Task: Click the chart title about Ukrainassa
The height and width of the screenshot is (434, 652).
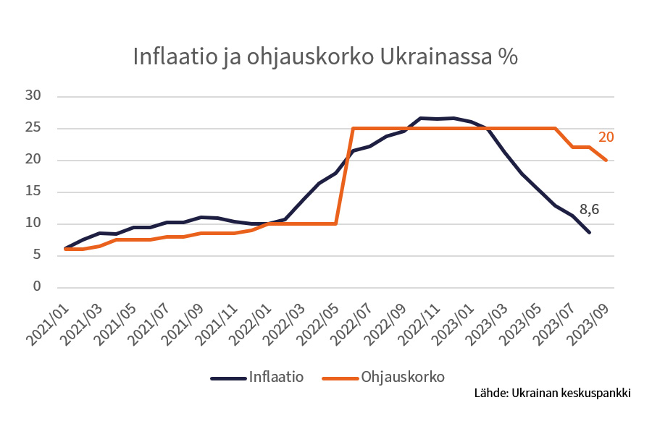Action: click(x=325, y=57)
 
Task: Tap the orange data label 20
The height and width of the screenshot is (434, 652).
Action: click(x=606, y=137)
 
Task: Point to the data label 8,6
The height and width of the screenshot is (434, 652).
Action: click(x=590, y=210)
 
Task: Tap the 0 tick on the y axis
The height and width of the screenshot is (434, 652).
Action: click(x=35, y=287)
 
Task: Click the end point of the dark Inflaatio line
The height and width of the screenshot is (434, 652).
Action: click(x=589, y=232)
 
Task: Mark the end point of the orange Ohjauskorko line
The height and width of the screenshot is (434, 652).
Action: click(x=606, y=160)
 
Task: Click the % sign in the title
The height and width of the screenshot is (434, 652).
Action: click(x=508, y=57)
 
